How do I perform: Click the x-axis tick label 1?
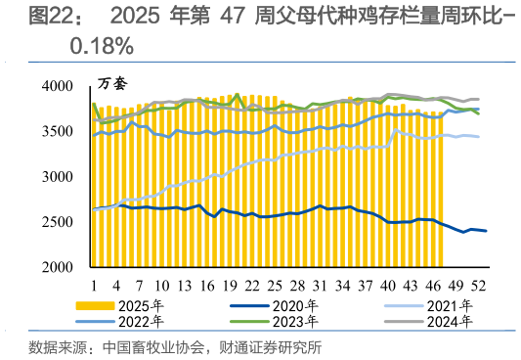94,285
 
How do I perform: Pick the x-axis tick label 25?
276,285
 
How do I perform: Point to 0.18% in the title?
102,45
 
